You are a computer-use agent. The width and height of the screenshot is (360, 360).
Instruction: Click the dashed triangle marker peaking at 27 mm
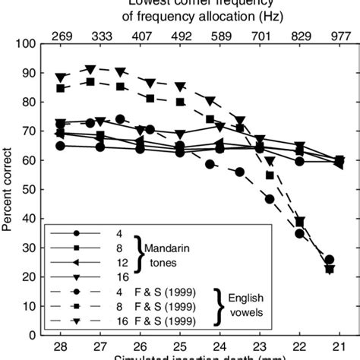90,70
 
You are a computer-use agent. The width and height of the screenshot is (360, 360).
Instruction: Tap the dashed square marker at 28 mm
61,88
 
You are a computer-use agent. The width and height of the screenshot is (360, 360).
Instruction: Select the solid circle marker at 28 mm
61,146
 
